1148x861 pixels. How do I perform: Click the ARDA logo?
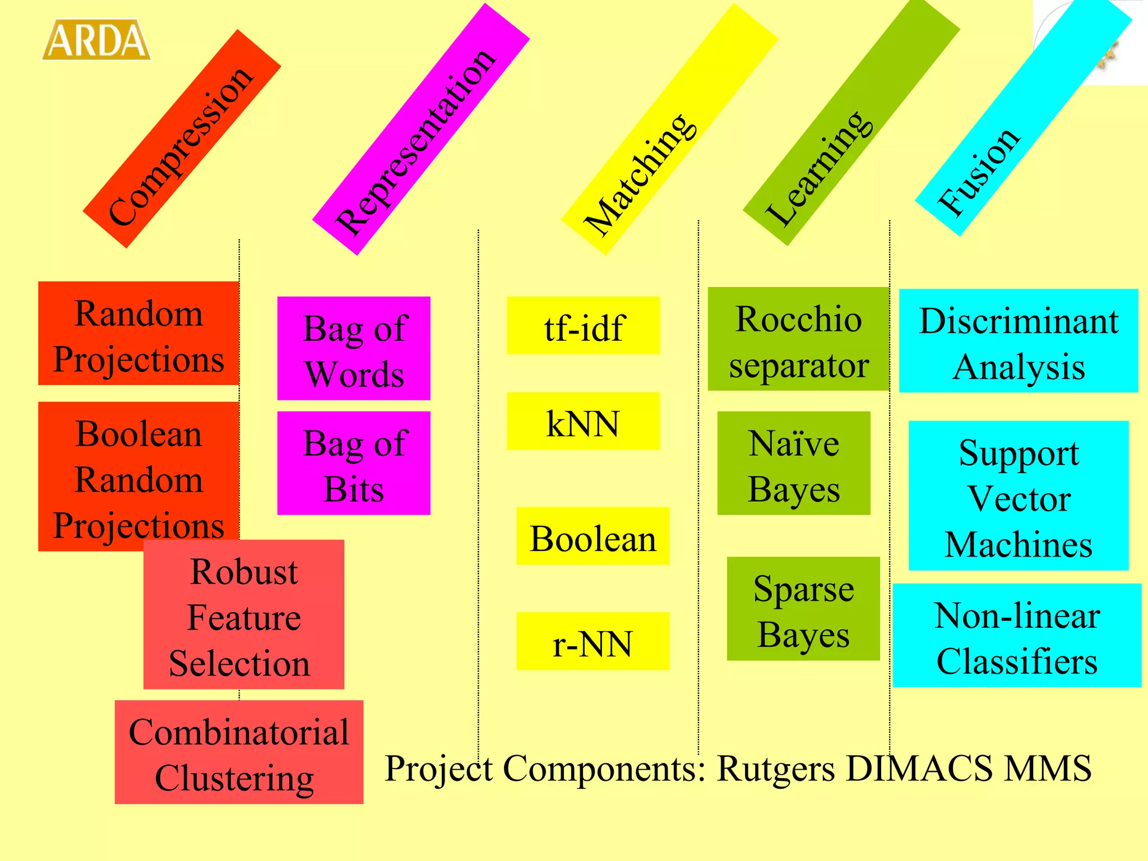pyautogui.click(x=96, y=40)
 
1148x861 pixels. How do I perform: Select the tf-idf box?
pyautogui.click(x=583, y=326)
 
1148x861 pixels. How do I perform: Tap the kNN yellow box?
pyautogui.click(x=583, y=422)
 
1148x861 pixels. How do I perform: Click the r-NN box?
pyautogui.click(x=592, y=641)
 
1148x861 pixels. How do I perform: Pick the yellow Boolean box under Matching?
pyautogui.click(x=592, y=536)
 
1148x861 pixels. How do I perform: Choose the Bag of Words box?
pyautogui.click(x=354, y=349)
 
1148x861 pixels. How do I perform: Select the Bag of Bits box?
pyautogui.click(x=354, y=464)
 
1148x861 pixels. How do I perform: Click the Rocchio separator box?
pyautogui.click(x=798, y=339)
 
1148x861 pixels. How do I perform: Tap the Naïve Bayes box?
pyautogui.click(x=794, y=464)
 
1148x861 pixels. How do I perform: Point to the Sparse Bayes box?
pyautogui.click(x=803, y=609)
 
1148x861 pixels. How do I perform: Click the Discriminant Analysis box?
pyautogui.click(x=1019, y=341)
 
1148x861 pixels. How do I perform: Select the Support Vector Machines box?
pyautogui.click(x=1019, y=496)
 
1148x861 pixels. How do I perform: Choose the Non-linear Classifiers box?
pyautogui.click(x=1017, y=636)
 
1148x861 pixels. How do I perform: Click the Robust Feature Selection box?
pyautogui.click(x=244, y=615)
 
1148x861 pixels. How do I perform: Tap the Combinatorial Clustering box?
pyautogui.click(x=239, y=752)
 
